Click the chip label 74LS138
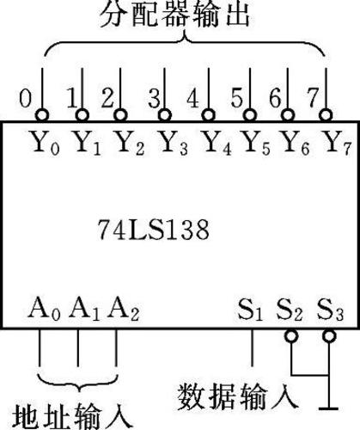(154, 230)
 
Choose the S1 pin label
(250, 310)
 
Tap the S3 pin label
(330, 310)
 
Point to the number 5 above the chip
(237, 99)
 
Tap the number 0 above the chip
(25, 99)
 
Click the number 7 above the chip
(313, 97)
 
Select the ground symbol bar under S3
(328, 408)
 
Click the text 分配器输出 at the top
(174, 15)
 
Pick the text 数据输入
(238, 397)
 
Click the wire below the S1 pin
(252, 347)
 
